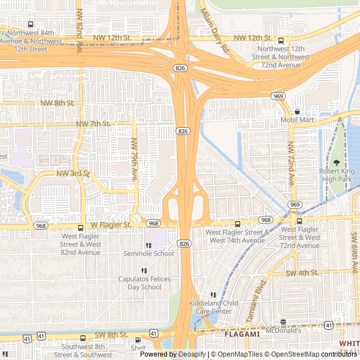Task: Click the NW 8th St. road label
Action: point(57,103)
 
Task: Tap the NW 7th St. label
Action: point(93,123)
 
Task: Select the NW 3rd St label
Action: point(73,174)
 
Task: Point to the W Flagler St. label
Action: point(111,225)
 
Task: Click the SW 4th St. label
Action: point(302,273)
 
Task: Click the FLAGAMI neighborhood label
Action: point(242,334)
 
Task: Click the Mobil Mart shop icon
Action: point(297,112)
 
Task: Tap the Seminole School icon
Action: point(148,245)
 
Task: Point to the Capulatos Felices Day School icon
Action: point(144,271)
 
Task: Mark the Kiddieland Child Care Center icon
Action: point(213,295)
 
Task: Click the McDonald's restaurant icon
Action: point(283,322)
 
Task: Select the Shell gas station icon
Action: point(138,340)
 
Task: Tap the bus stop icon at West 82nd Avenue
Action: point(81,228)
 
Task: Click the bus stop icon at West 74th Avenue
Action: point(237,224)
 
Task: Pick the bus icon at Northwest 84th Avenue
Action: point(30,24)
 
